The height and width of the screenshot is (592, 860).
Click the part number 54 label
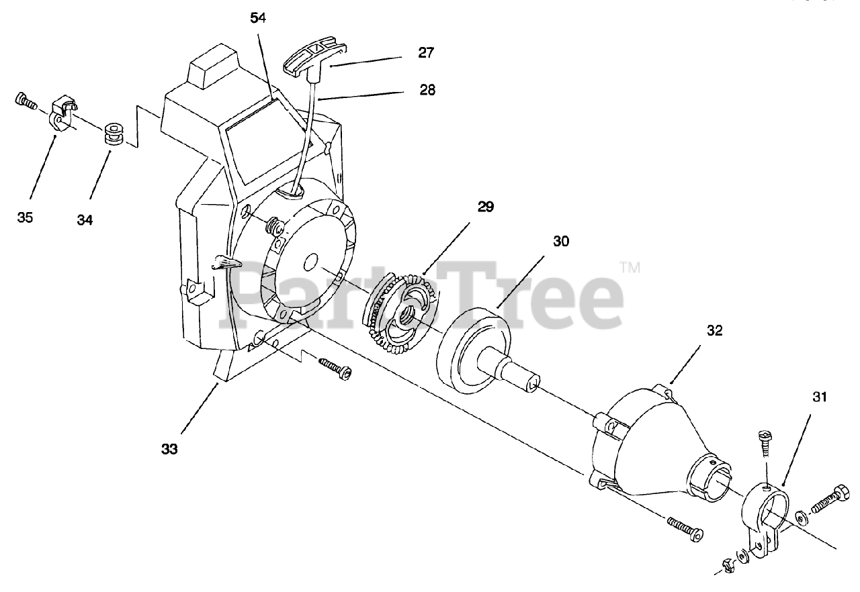click(259, 18)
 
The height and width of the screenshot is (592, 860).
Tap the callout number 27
click(426, 52)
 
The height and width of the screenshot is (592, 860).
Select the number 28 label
click(426, 89)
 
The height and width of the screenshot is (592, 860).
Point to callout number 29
click(485, 206)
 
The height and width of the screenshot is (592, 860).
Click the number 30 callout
click(561, 240)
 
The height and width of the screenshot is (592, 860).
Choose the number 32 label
click(714, 330)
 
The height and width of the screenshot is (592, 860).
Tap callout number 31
click(819, 397)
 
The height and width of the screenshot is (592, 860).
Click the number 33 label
click(169, 449)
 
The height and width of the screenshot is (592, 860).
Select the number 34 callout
click(85, 219)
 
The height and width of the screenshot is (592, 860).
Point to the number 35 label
click(26, 217)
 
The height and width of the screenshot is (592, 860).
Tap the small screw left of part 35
click(24, 101)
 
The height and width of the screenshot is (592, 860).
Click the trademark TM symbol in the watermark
click(630, 268)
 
